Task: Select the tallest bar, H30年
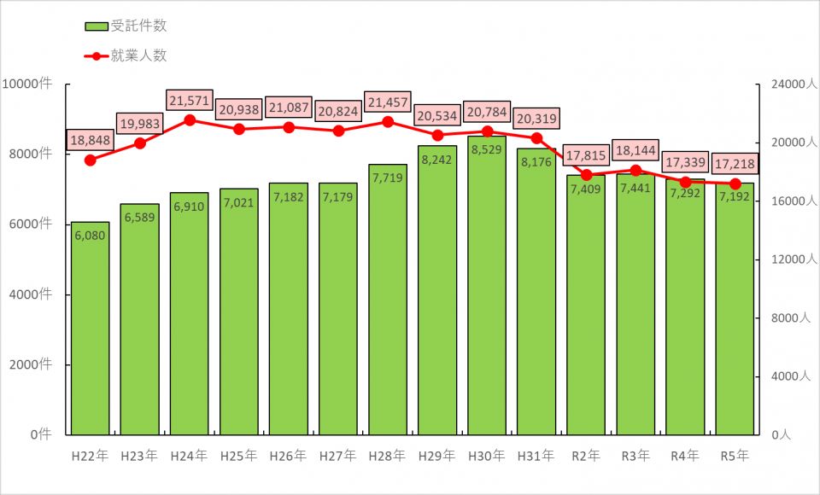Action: coord(487,290)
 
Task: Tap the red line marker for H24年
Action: coord(189,120)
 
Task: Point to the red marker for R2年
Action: coord(586,175)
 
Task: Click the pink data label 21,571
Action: coord(189,101)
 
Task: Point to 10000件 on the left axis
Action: coord(27,84)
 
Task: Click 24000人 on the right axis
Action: coord(788,84)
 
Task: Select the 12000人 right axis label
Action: coord(788,259)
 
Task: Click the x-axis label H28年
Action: coord(388,456)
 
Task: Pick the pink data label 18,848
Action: coord(90,140)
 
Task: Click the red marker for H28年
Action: coord(388,122)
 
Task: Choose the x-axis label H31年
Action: coord(536,456)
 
